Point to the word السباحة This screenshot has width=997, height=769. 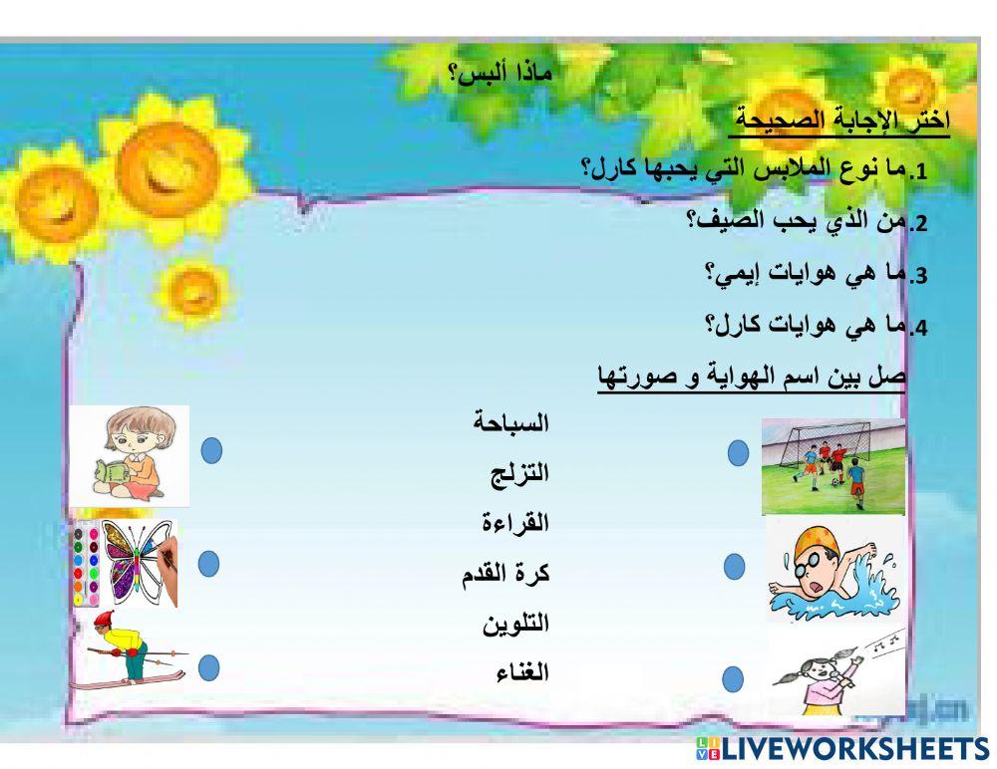511,422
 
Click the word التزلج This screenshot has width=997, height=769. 519,473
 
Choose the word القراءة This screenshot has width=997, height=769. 515,522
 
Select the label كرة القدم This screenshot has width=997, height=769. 505,573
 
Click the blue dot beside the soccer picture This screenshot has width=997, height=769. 739,454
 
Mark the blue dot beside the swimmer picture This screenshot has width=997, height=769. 735,567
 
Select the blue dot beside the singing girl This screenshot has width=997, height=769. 734,680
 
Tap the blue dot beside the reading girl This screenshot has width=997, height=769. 211,451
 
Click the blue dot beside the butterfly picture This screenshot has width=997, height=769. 208,564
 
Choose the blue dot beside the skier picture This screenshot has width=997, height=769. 208,667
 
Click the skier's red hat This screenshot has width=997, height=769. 104,621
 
